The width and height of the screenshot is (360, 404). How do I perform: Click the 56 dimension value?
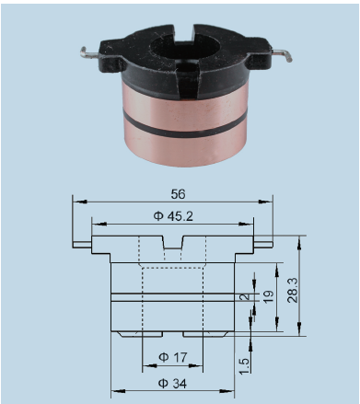pos(179,194)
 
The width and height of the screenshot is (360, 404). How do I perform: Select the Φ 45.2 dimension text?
pos(173,216)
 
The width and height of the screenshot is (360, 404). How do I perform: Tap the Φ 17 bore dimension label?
pos(172,357)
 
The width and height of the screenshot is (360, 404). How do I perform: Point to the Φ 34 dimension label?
pos(172,384)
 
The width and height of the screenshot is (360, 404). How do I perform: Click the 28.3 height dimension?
pos(293,290)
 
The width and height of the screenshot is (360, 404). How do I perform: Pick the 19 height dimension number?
pos(268,296)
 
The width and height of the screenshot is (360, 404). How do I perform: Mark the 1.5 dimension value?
pos(245,365)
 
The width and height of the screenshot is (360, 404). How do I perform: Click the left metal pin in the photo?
pos(89,53)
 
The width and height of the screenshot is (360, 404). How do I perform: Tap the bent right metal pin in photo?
pos(282,55)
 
